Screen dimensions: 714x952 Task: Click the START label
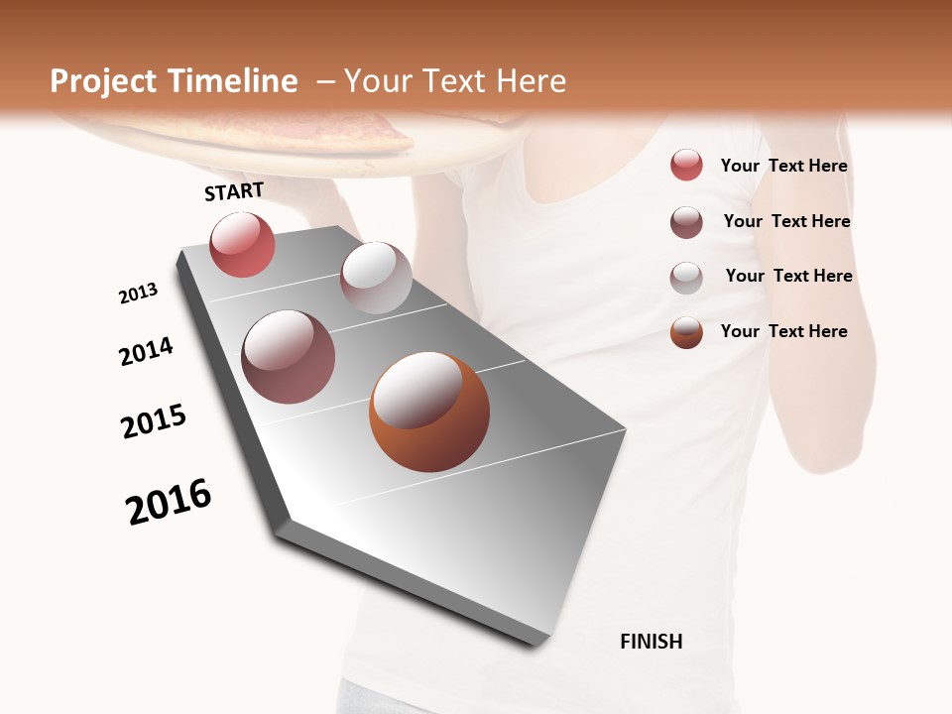tap(234, 191)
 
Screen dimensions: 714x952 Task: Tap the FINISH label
tap(652, 642)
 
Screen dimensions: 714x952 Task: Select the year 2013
tap(138, 294)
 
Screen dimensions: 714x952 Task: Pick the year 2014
tap(146, 351)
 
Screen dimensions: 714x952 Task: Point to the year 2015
tap(154, 421)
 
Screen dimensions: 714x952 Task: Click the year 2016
tap(169, 502)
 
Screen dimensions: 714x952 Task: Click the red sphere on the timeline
tap(242, 245)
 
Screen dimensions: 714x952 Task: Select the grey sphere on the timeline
tap(376, 278)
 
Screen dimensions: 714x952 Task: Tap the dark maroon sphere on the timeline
tap(288, 357)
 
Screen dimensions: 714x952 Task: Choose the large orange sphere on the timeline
tap(429, 412)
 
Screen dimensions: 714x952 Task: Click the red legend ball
tap(686, 166)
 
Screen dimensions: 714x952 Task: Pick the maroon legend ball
tap(686, 222)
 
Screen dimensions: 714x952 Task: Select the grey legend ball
tap(686, 278)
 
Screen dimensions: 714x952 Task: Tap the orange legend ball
tap(686, 332)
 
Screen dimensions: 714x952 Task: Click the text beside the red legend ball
tap(783, 167)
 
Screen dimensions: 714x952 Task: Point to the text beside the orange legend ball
tap(783, 331)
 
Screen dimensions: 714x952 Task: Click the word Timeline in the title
tap(229, 81)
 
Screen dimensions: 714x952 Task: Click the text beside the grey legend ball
tap(788, 276)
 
